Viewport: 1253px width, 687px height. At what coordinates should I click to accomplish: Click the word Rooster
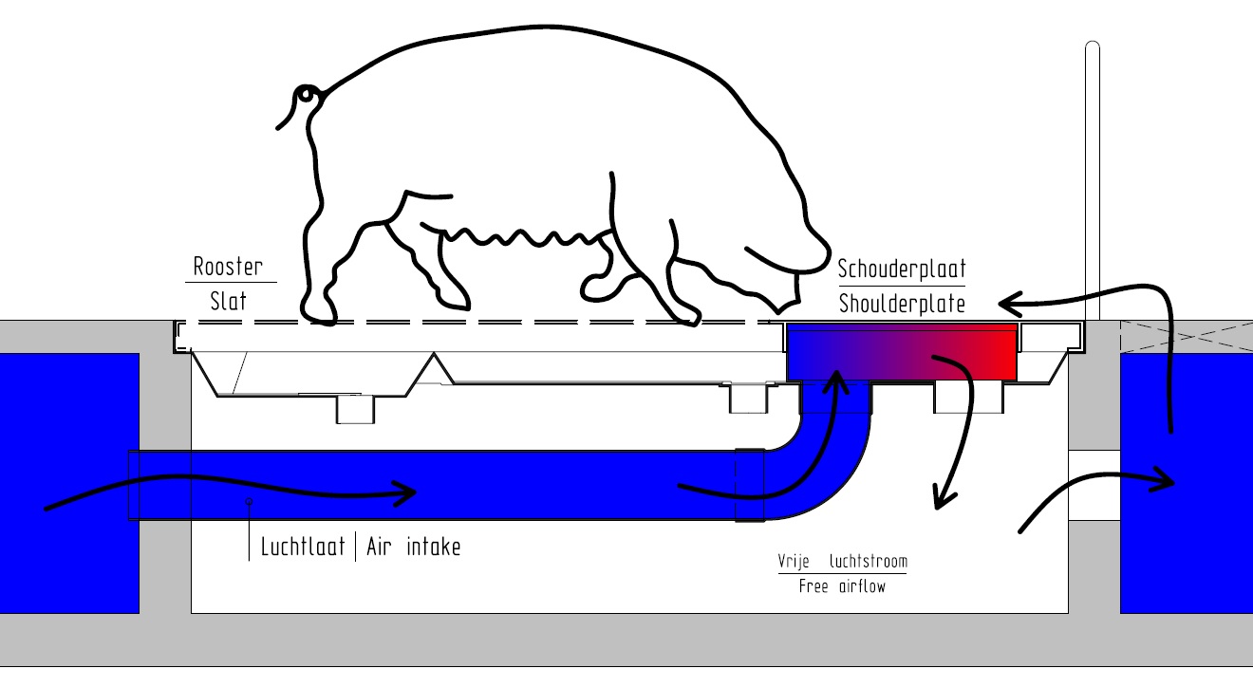228,267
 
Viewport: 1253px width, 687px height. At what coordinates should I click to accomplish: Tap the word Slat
228,302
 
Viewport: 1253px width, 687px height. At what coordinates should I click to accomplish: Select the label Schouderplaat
902,269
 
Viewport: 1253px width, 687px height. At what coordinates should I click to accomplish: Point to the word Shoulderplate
902,304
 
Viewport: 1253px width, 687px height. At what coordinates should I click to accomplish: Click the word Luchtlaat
303,547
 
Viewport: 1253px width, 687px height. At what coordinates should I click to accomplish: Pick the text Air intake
413,547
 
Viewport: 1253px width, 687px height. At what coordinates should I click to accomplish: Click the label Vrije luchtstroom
842,561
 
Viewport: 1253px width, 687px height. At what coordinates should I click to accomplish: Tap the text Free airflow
842,586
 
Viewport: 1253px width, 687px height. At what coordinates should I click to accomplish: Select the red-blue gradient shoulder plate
902,352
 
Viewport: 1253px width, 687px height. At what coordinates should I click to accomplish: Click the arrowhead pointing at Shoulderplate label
1010,304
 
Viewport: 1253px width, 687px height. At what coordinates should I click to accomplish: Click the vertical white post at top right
1093,181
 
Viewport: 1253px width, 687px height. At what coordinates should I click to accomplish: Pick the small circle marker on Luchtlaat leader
249,501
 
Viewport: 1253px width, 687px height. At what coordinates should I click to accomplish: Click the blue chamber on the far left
69,483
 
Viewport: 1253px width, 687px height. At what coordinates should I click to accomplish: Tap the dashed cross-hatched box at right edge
1186,337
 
